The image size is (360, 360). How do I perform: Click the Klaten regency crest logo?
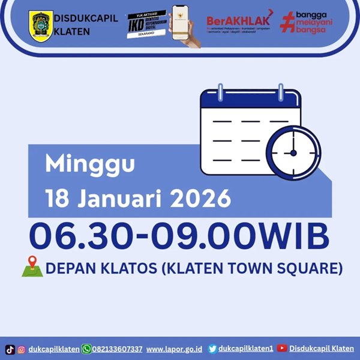point(40,26)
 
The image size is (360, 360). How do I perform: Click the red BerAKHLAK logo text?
point(236,19)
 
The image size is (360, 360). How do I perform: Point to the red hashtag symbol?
point(289,24)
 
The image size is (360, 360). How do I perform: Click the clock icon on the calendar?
point(293,152)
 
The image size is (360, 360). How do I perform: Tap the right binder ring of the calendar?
point(279,94)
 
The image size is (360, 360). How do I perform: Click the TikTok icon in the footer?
point(10,349)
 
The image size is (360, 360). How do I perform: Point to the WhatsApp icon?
point(86,349)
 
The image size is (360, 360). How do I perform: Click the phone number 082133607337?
point(118,349)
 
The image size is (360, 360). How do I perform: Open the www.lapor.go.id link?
point(173,349)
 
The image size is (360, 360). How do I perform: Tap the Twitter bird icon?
point(212,349)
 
